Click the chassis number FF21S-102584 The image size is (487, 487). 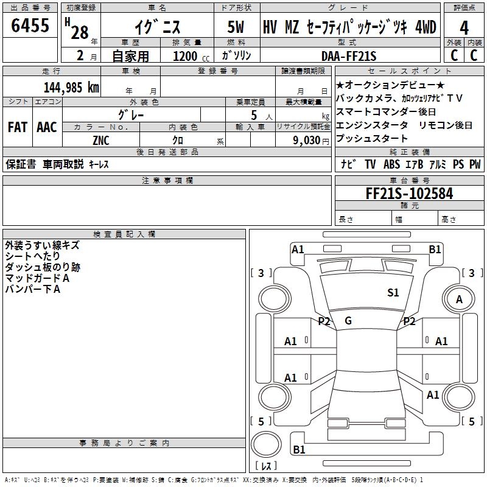(409, 194)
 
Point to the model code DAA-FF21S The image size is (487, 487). (349, 56)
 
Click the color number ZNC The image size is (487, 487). (101, 139)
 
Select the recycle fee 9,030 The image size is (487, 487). (303, 139)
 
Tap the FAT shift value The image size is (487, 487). (18, 127)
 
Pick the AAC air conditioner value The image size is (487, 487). (47, 127)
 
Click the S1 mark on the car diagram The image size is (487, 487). (393, 293)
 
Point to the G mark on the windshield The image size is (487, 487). (348, 321)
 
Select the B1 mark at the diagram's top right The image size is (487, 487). (435, 249)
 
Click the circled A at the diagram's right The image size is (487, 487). (460, 300)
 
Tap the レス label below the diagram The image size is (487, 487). (266, 466)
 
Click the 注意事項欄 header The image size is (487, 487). (167, 181)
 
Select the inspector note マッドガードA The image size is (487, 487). (37, 278)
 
